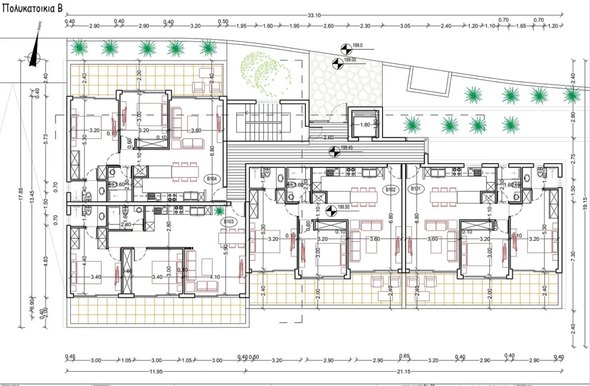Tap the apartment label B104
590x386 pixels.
tap(213, 179)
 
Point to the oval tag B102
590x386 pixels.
tap(391, 189)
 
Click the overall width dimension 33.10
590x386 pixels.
tap(314, 16)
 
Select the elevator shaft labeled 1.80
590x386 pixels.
tap(364, 124)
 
